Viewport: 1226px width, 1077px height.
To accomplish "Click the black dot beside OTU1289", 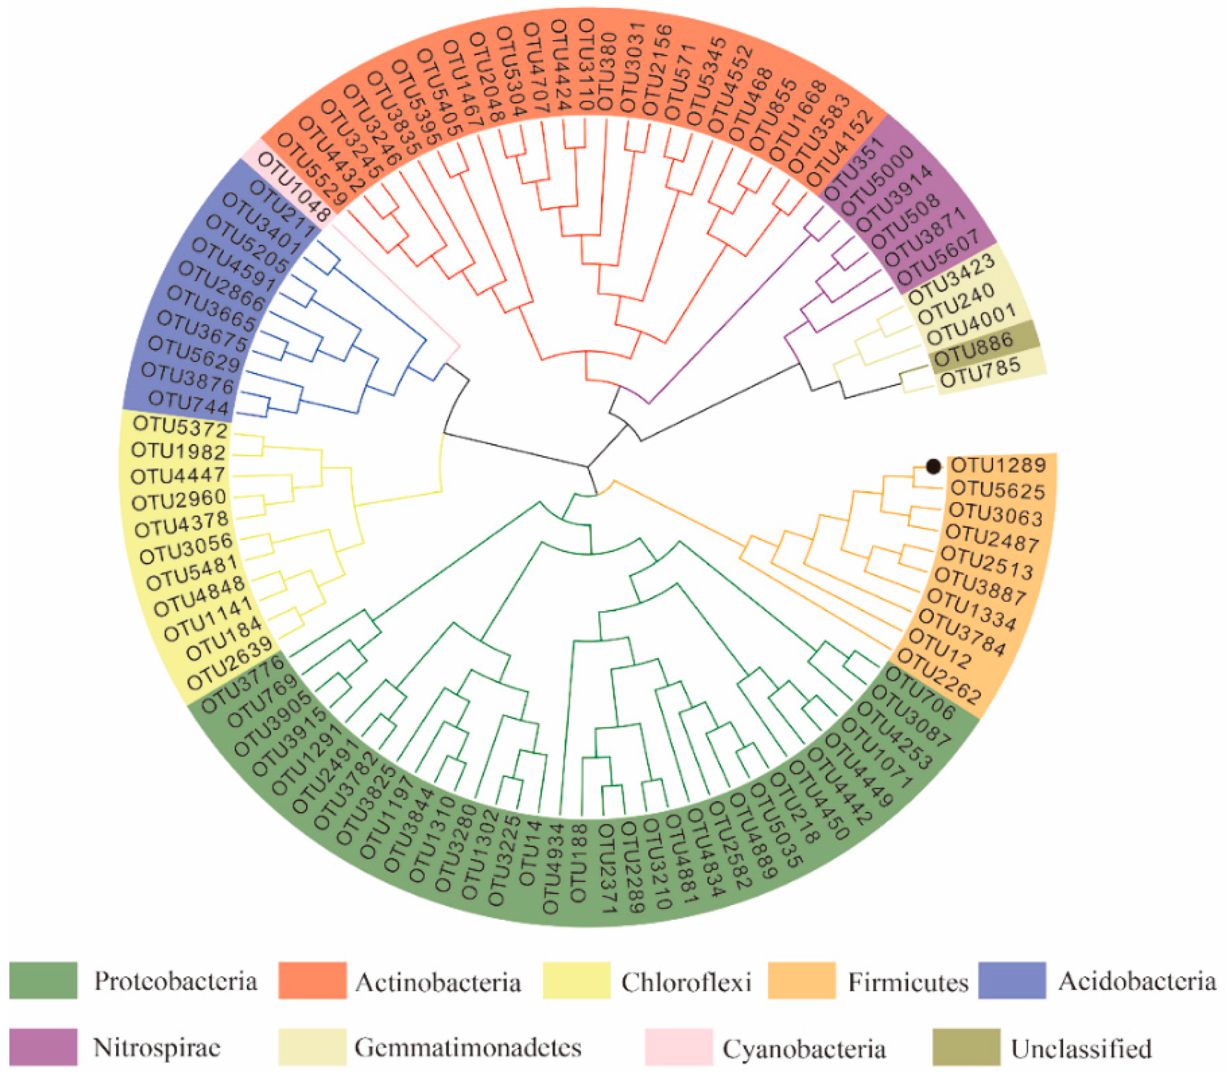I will point(933,466).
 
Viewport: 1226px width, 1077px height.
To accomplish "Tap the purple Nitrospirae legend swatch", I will point(43,1047).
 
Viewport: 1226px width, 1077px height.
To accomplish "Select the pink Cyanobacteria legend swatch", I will point(678,1047).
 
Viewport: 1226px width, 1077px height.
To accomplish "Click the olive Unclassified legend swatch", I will point(966,1047).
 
